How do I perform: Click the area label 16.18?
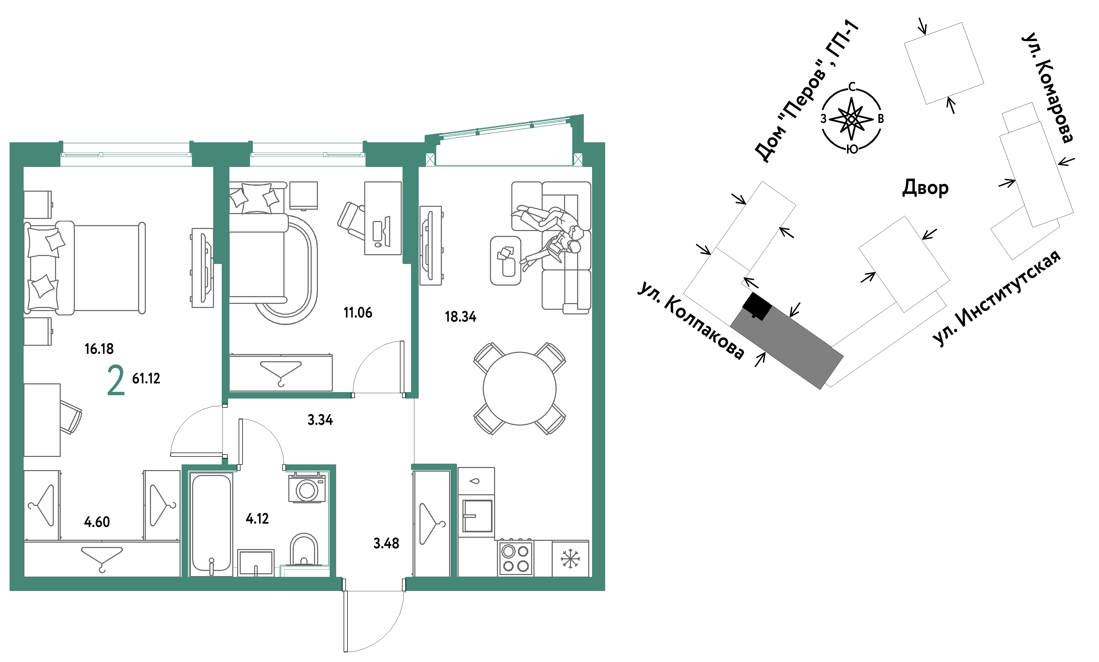[x=99, y=349]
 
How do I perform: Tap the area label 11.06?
[x=358, y=313]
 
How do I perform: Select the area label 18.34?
[x=460, y=317]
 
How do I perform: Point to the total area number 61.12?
[x=146, y=379]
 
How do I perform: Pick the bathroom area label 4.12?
[x=257, y=518]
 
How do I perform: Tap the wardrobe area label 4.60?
[x=97, y=522]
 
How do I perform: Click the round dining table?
[x=519, y=389]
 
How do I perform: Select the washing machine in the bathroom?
[x=307, y=489]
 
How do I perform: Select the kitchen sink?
[x=477, y=516]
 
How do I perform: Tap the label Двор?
[x=925, y=188]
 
